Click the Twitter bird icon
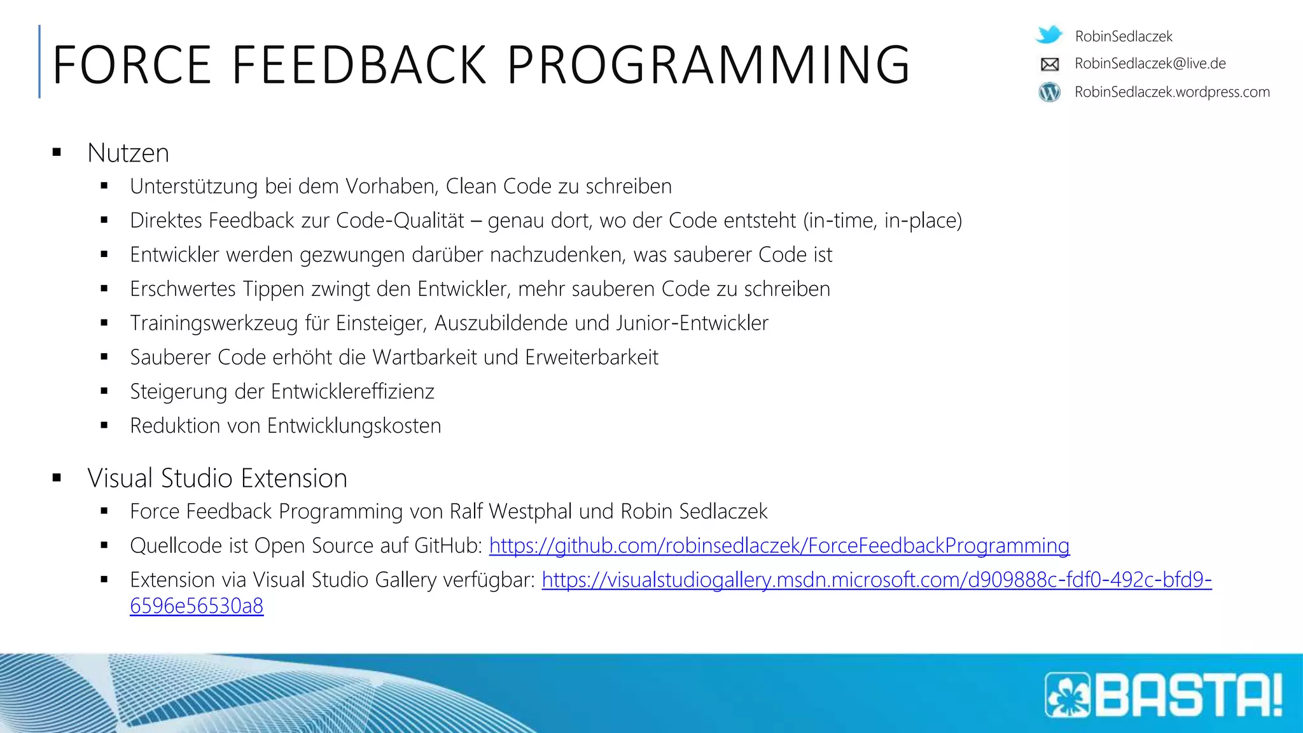point(1049,34)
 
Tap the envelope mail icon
point(1049,64)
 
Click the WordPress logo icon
point(1049,92)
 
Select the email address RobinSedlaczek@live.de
point(1150,64)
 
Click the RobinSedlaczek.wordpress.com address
point(1172,92)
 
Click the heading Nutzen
point(128,153)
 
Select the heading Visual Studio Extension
point(217,478)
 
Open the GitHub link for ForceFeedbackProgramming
point(779,546)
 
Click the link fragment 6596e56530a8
point(197,606)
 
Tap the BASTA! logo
point(1164,695)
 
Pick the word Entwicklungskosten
point(354,426)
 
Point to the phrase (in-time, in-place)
point(882,221)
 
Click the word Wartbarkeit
point(424,358)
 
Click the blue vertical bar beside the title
point(39,62)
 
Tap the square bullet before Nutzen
point(57,153)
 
